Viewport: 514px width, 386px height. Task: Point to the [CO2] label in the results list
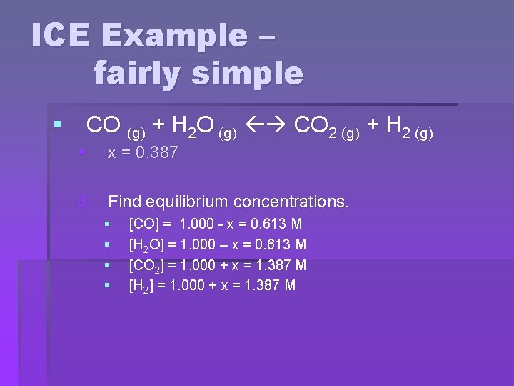pyautogui.click(x=147, y=266)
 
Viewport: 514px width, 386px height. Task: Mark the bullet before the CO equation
pyautogui.click(x=57, y=126)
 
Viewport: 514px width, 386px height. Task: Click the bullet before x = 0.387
pyautogui.click(x=83, y=152)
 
